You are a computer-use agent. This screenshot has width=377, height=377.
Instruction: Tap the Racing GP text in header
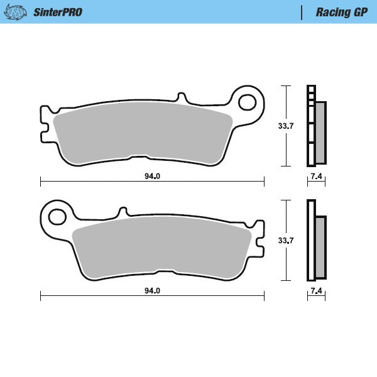point(341,11)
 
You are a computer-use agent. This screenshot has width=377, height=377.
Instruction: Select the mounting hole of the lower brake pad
point(57,216)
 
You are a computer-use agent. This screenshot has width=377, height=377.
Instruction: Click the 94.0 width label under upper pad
point(152,177)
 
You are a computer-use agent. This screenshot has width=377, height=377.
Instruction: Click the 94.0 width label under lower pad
point(152,291)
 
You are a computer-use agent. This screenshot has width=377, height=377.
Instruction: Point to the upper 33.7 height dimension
point(286,126)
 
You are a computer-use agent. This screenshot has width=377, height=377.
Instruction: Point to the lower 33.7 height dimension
point(286,240)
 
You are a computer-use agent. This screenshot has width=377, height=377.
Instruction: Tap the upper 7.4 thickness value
point(316,177)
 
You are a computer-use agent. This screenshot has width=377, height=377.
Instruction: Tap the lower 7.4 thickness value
point(316,291)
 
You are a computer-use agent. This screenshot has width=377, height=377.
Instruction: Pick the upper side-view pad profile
point(316,126)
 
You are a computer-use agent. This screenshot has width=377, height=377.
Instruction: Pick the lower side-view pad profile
point(316,240)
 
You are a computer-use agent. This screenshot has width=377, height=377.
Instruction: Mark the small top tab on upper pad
point(182,99)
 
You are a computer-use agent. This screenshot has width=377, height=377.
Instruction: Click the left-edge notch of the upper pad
point(44,133)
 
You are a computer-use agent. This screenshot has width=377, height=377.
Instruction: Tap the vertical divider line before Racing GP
point(302,11)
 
